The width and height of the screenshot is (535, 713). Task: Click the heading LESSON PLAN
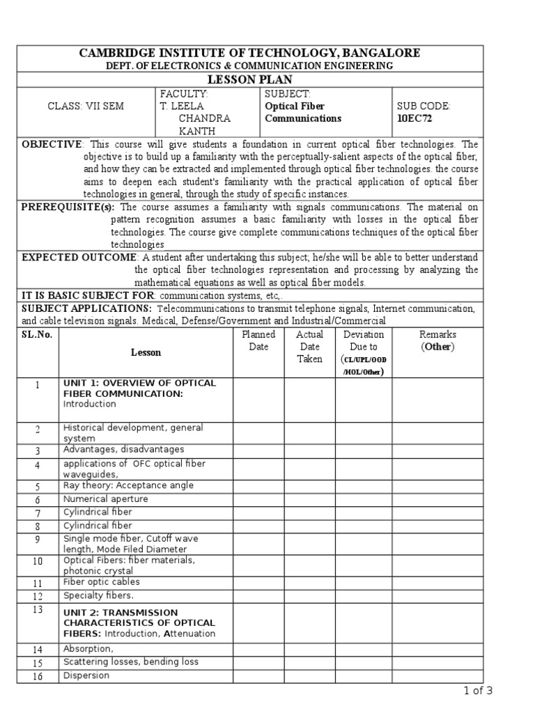click(249, 80)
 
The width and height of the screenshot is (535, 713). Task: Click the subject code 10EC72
click(414, 118)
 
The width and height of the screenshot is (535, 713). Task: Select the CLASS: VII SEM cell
click(86, 107)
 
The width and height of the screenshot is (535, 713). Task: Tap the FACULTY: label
click(184, 94)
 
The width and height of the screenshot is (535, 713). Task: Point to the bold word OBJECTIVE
click(52, 144)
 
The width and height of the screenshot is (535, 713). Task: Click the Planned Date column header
click(258, 340)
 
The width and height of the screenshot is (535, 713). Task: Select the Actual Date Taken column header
click(309, 347)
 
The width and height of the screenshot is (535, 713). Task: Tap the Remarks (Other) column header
click(437, 340)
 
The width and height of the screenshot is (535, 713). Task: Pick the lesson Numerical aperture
click(105, 499)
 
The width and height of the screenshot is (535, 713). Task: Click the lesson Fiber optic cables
click(102, 582)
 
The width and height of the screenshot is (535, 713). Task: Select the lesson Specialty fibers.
click(99, 595)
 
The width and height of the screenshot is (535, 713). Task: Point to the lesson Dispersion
click(86, 675)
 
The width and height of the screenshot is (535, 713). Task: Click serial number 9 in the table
click(38, 540)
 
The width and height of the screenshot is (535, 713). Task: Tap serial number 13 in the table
click(38, 610)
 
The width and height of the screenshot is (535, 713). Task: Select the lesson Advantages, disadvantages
click(124, 450)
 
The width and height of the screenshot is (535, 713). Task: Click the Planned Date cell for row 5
click(258, 486)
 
